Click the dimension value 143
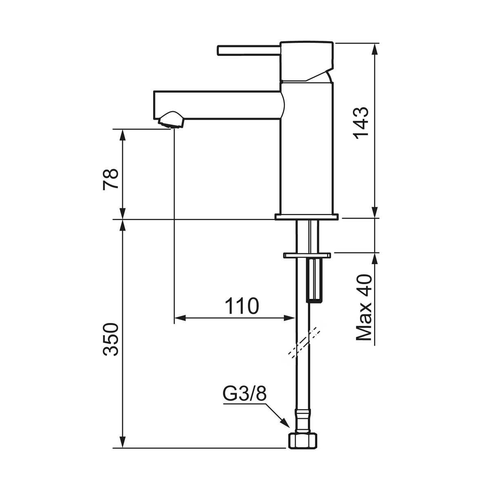pyautogui.click(x=361, y=123)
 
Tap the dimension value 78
pyautogui.click(x=111, y=179)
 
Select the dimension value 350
pyautogui.click(x=111, y=339)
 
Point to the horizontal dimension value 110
pyautogui.click(x=242, y=306)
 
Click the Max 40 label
pyautogui.click(x=364, y=307)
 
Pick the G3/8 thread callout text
pyautogui.click(x=245, y=394)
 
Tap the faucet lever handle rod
pyautogui.click(x=249, y=50)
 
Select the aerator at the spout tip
pyautogui.click(x=170, y=120)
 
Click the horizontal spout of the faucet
pyautogui.click(x=219, y=105)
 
